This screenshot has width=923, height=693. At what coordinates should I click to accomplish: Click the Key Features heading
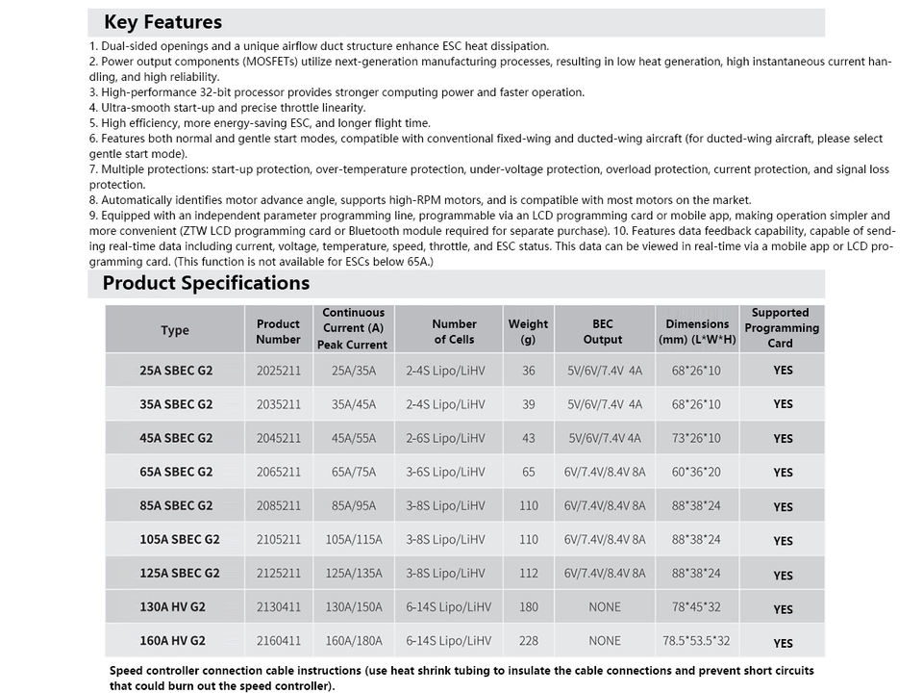(162, 22)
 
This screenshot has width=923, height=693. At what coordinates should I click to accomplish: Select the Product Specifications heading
(206, 283)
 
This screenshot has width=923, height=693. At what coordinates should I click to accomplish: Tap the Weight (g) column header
(528, 331)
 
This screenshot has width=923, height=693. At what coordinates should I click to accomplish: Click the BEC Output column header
(603, 331)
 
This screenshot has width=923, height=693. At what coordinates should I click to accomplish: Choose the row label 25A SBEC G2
(175, 371)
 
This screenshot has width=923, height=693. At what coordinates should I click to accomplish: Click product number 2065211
(278, 473)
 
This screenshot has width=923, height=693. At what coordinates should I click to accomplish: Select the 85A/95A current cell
(354, 506)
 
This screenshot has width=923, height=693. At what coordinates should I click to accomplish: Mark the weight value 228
(529, 641)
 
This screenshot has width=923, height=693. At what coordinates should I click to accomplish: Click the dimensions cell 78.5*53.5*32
(696, 641)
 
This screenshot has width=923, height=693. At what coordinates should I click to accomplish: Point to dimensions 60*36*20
(696, 473)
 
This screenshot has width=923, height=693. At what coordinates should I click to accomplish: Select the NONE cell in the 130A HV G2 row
(605, 607)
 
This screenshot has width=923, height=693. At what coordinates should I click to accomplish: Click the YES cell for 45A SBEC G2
(783, 439)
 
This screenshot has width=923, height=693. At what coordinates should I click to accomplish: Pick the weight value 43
(529, 438)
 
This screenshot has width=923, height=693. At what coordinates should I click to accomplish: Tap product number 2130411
(278, 607)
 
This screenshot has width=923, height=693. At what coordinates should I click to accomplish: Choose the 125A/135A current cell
(354, 574)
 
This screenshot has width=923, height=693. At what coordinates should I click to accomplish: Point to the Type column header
(175, 330)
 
